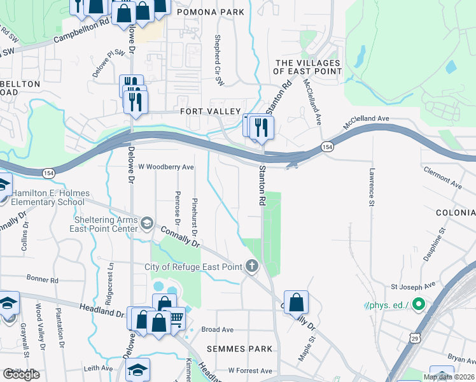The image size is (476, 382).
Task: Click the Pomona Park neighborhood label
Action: (210, 12)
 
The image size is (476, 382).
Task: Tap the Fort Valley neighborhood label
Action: (209, 111)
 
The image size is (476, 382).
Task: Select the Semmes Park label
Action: (239, 349)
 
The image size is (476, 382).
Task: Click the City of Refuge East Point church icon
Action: (253, 267)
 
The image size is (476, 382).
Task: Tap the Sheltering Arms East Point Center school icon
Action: (147, 223)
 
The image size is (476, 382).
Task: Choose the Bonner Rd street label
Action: (43, 279)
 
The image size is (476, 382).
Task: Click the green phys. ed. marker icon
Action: (418, 306)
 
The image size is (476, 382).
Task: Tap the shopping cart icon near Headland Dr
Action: (176, 316)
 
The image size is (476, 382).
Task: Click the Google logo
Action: (21, 374)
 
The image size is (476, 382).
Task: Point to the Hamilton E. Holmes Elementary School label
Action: (48, 197)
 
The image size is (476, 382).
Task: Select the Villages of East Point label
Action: (307, 67)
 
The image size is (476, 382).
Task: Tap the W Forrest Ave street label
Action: (250, 370)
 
